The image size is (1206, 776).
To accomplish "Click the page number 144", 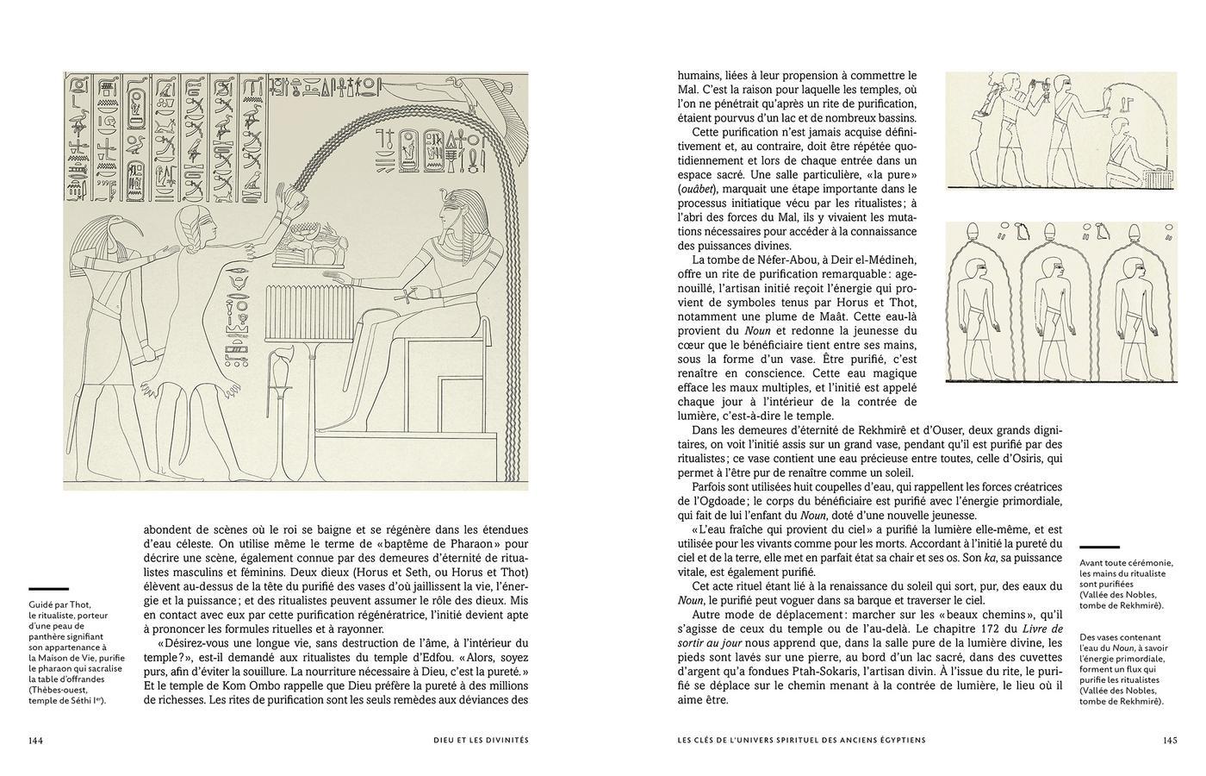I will click(x=35, y=740).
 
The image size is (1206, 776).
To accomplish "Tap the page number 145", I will click(x=1169, y=740).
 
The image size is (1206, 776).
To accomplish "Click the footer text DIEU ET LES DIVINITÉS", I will click(x=480, y=740).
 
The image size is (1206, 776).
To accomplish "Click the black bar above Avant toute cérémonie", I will click(x=1099, y=548).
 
